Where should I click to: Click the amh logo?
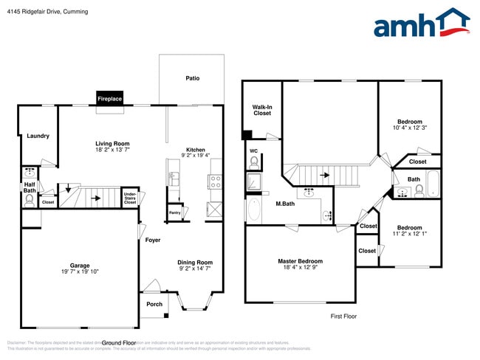pyautogui.click(x=421, y=24)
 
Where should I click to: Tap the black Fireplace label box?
pyautogui.click(x=110, y=98)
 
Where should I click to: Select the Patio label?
pyautogui.click(x=192, y=78)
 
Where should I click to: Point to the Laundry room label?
pyautogui.click(x=38, y=136)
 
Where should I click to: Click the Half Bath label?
pyautogui.click(x=30, y=188)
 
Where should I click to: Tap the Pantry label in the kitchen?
pyautogui.click(x=174, y=212)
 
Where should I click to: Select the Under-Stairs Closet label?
pyautogui.click(x=129, y=198)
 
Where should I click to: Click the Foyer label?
pyautogui.click(x=153, y=240)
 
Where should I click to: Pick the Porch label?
pyautogui.click(x=154, y=304)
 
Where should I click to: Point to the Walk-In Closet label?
pyautogui.click(x=262, y=111)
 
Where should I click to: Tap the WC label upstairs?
pyautogui.click(x=253, y=150)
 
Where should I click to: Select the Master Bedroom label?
pyautogui.click(x=300, y=260)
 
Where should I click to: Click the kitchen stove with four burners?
pyautogui.click(x=216, y=179)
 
